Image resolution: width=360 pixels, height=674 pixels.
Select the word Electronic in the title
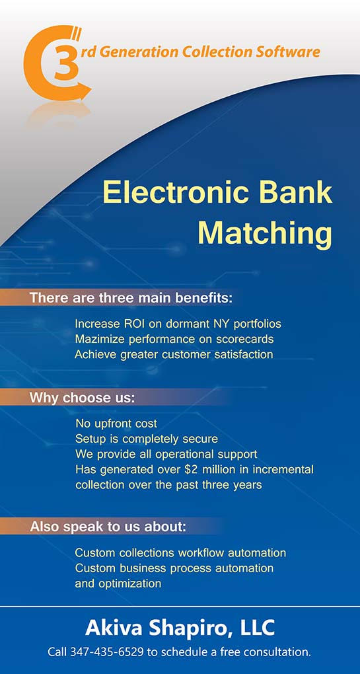pyautogui.click(x=174, y=193)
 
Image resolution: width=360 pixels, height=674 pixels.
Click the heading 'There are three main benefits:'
pyautogui.click(x=131, y=298)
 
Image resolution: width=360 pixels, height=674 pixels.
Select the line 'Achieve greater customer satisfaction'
pyautogui.click(x=174, y=355)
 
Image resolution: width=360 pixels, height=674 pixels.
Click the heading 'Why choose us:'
pyautogui.click(x=82, y=398)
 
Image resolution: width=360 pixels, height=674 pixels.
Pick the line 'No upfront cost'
pyautogui.click(x=116, y=424)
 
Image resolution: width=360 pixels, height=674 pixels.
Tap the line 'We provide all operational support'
pyautogui.click(x=166, y=455)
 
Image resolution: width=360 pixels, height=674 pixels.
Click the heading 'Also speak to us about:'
pyautogui.click(x=108, y=527)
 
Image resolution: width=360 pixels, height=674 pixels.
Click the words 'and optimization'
pyautogui.click(x=118, y=583)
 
